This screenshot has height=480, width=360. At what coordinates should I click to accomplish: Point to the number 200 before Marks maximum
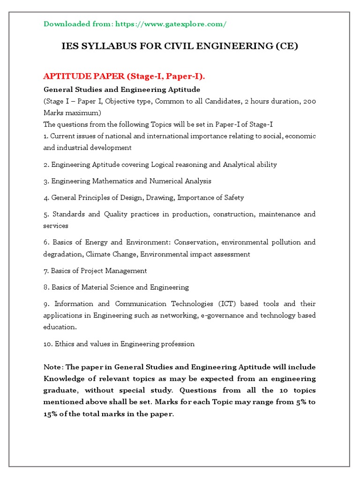click(x=309, y=101)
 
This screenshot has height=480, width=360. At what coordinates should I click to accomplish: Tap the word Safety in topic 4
click(x=233, y=197)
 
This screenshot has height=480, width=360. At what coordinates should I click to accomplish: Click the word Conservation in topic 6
click(x=195, y=242)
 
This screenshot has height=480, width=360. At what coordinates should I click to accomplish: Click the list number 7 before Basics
click(x=46, y=271)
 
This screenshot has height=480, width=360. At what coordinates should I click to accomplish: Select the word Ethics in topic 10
click(x=64, y=344)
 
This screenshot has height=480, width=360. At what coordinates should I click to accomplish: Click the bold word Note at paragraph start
click(x=52, y=367)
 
